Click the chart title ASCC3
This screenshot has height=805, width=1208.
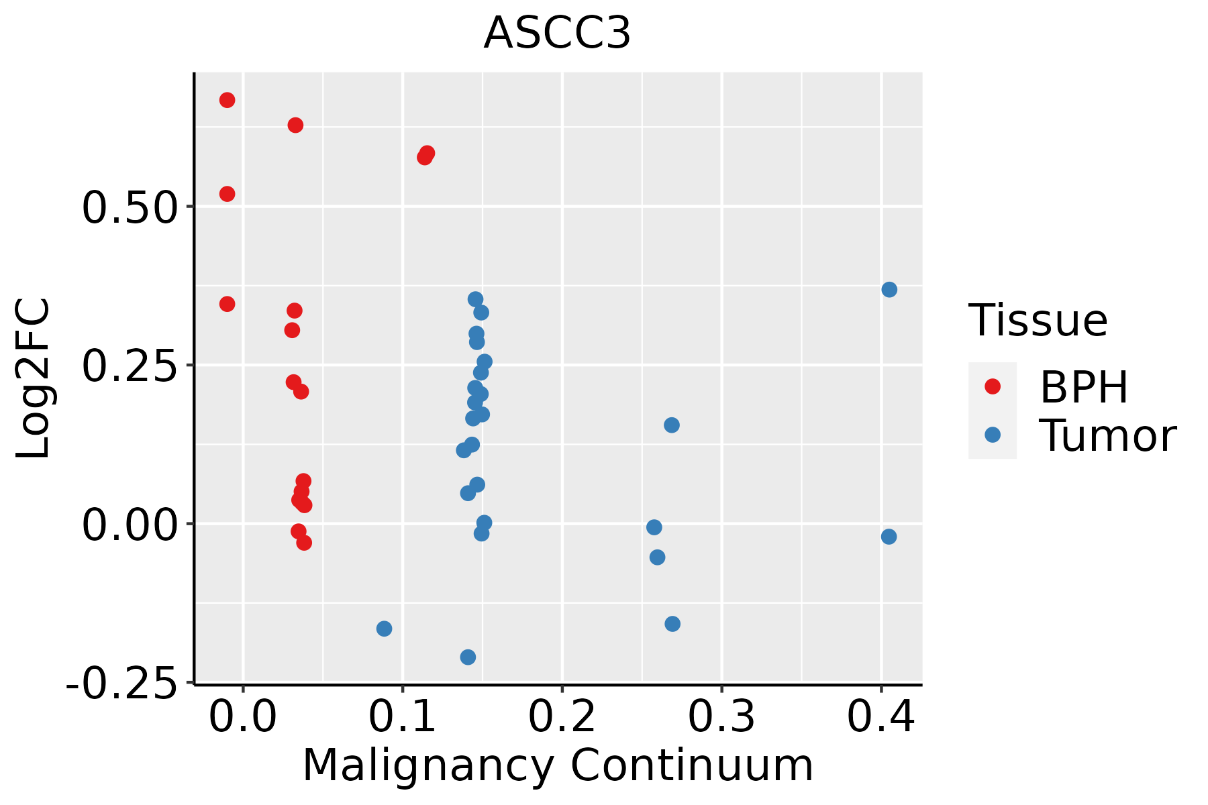[x=557, y=34]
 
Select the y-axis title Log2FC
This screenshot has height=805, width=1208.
[x=34, y=379]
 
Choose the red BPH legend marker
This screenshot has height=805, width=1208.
[x=992, y=386]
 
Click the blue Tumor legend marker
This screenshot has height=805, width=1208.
[x=992, y=435]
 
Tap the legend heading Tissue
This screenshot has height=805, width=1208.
[x=1038, y=321]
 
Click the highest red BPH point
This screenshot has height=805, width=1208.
[x=228, y=100]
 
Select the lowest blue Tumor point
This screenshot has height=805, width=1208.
[x=468, y=657]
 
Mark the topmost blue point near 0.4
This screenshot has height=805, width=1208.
[x=889, y=290]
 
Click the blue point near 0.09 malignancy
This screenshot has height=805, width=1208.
[x=385, y=629]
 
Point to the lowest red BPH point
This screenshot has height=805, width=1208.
[x=304, y=542]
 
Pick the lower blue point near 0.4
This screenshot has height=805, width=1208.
[x=889, y=537]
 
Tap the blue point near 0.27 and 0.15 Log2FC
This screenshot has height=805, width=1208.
[x=672, y=425]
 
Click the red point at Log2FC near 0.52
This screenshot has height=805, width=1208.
[x=228, y=194]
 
